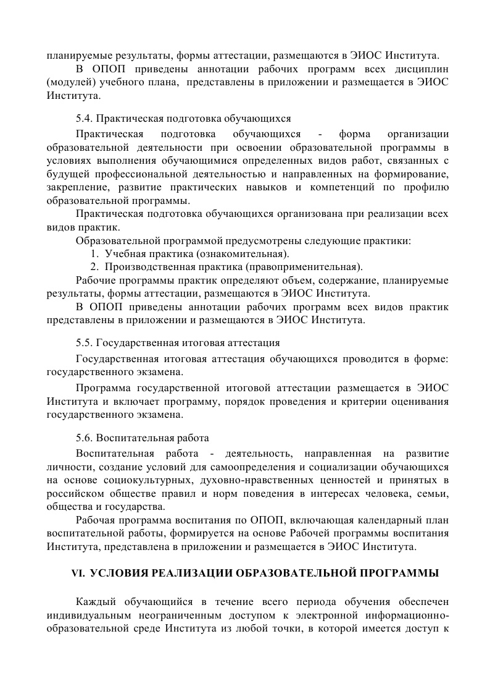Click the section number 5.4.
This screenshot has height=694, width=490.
pyautogui.click(x=84, y=118)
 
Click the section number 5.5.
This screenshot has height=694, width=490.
pyautogui.click(x=84, y=343)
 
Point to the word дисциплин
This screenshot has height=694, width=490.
pyautogui.click(x=423, y=69)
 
